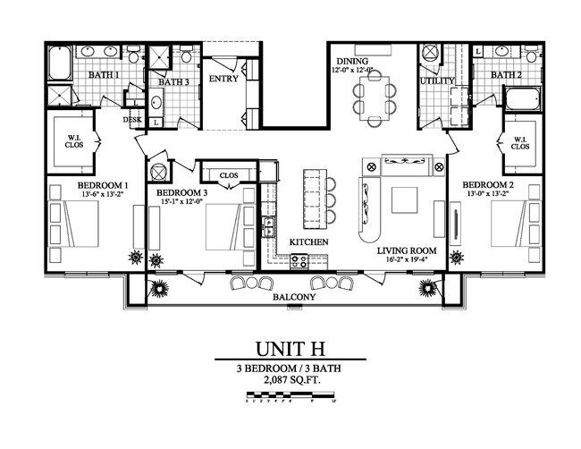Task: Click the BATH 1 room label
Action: [x=105, y=74]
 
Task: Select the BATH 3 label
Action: [x=174, y=82]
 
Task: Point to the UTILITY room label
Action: [x=438, y=81]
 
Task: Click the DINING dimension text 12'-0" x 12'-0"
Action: [x=356, y=69]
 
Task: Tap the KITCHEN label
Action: [x=307, y=242]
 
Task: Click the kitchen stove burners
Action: [x=298, y=262]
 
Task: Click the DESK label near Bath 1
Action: [x=132, y=117]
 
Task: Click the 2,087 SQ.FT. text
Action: [x=290, y=380]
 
